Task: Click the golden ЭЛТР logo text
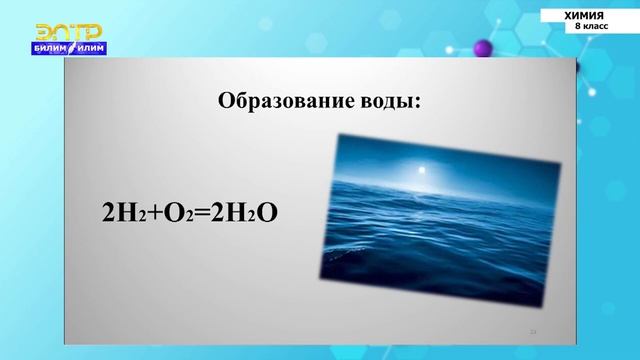point(62,32)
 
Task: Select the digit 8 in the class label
point(577,26)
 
